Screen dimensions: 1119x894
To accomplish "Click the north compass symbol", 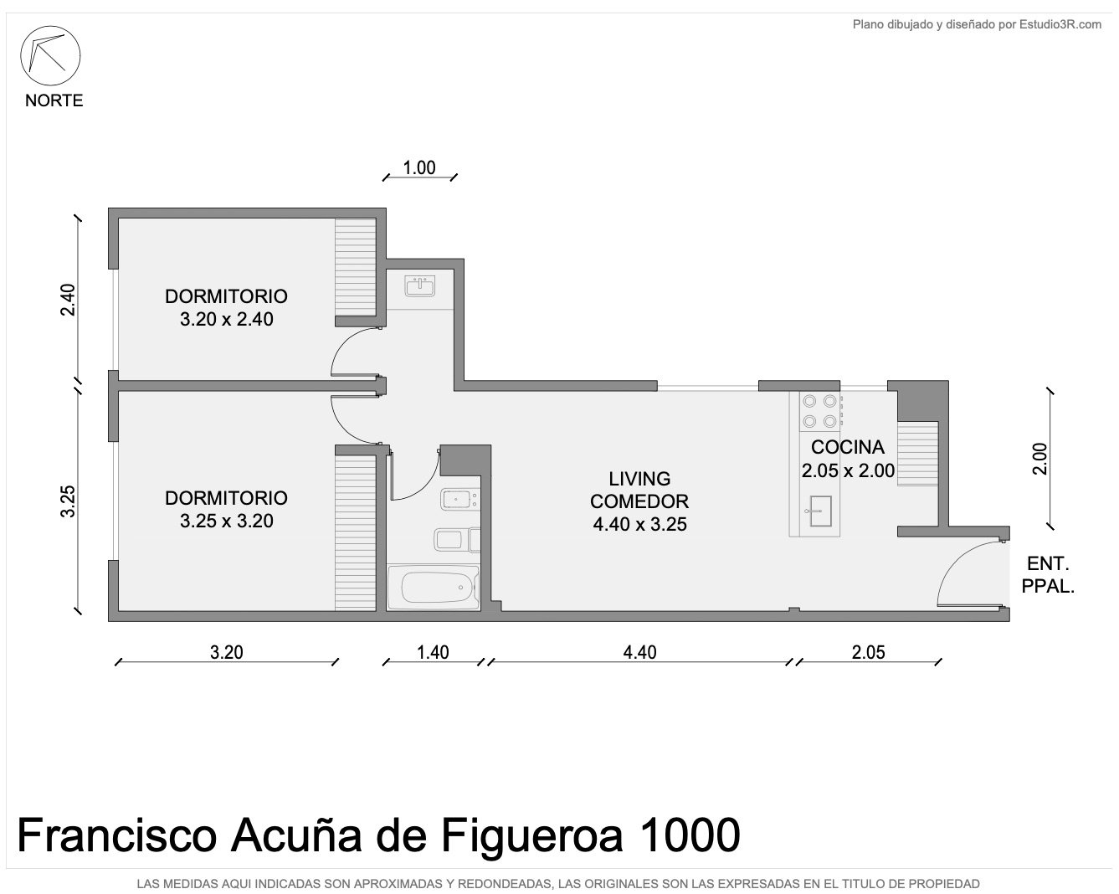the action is tap(50, 55).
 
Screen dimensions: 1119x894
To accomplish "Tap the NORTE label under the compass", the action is tap(54, 100).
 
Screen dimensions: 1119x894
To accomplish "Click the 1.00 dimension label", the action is tap(419, 167).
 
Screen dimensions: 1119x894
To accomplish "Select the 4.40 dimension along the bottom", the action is tap(639, 652).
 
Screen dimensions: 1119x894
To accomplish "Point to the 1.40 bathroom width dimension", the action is tap(433, 652).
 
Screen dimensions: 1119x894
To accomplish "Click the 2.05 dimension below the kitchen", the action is tap(868, 652).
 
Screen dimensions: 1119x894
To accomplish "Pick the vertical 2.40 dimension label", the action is tap(68, 300).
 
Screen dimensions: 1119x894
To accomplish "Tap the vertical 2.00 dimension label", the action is tap(1040, 459).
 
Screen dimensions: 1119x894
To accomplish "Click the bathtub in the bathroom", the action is tap(434, 588).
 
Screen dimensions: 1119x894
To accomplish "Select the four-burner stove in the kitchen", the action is tap(820, 411).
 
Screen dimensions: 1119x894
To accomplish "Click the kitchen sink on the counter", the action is tap(820, 511).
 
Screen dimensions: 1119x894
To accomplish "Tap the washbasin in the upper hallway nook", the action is tap(420, 286).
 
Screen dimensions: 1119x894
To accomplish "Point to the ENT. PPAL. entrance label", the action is tap(1047, 575).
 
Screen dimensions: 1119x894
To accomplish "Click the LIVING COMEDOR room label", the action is tap(639, 490).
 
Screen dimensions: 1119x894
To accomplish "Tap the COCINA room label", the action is tap(848, 447).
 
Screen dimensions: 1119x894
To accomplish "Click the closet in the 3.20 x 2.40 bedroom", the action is tap(355, 267).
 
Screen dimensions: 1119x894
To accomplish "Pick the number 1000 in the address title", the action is tap(690, 835).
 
